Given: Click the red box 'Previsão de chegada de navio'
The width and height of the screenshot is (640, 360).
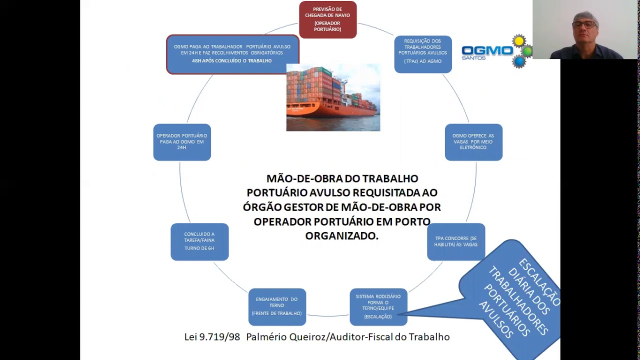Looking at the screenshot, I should [x=327, y=19].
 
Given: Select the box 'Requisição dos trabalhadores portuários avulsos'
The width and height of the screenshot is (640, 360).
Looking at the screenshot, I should [x=422, y=54].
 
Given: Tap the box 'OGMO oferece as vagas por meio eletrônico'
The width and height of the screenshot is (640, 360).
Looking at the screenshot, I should [x=473, y=142].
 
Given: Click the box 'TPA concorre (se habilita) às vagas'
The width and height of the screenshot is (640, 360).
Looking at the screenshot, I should [x=455, y=241].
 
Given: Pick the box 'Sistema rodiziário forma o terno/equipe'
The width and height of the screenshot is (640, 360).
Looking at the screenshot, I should [x=378, y=306].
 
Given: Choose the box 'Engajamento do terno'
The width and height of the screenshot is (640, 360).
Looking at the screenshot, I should [x=277, y=306].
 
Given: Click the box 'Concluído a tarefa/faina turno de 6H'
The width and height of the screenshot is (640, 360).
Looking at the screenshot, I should [x=199, y=241].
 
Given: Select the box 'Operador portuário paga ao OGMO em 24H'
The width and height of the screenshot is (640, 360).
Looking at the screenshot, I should [x=182, y=142].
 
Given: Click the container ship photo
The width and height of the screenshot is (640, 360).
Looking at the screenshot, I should [x=333, y=97].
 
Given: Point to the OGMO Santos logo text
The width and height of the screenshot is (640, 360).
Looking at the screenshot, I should [x=487, y=51].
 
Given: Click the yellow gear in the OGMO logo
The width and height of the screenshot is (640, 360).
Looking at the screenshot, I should [x=519, y=41].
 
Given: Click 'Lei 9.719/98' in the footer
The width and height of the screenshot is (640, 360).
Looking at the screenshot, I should [x=212, y=337].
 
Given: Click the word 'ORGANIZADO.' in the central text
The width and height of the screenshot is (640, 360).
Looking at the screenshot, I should [x=342, y=235].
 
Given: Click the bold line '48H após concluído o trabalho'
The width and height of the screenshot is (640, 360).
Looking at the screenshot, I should [x=232, y=61].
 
